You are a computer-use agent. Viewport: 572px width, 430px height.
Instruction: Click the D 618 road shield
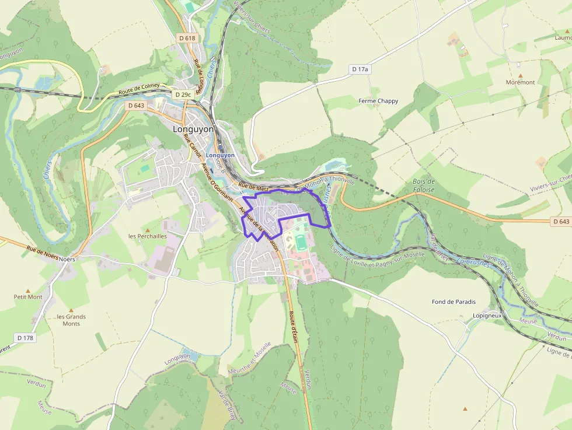[187, 38]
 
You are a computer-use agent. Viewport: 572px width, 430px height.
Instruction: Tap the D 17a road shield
[361, 69]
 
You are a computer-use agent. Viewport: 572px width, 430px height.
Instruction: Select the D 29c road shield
[183, 94]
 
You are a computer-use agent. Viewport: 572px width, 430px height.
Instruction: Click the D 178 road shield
[25, 337]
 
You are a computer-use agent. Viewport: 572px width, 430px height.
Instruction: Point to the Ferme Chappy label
[378, 101]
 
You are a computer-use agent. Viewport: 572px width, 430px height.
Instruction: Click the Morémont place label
[520, 82]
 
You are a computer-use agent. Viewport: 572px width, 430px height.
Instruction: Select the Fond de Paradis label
[454, 302]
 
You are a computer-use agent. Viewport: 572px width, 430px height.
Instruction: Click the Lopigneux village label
[487, 315]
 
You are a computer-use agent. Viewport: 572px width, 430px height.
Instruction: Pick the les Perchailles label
[147, 236]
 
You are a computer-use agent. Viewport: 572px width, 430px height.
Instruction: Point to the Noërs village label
[67, 258]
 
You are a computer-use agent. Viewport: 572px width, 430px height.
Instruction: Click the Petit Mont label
[28, 296]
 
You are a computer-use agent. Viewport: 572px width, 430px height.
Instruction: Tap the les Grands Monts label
[71, 320]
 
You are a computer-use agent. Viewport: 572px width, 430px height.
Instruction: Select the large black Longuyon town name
[193, 129]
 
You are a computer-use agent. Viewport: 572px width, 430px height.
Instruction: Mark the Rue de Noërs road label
[42, 252]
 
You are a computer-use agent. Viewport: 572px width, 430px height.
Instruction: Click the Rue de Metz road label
[253, 187]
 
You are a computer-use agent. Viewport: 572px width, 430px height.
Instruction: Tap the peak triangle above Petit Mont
[28, 289]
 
